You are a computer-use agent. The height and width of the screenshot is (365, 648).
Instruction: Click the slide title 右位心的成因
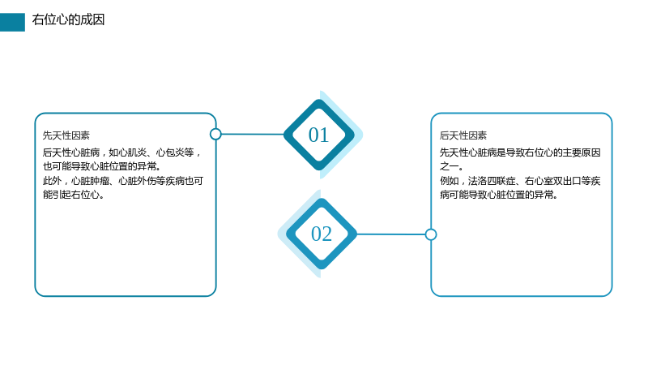click(68, 19)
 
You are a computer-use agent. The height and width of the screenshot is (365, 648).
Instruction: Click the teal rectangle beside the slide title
click(12, 23)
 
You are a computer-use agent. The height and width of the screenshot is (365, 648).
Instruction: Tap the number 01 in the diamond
click(318, 135)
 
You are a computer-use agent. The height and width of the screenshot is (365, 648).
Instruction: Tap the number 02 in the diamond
click(322, 234)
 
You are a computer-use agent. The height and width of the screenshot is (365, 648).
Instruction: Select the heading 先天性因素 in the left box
click(66, 135)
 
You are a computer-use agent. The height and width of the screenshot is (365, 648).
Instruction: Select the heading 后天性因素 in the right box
click(463, 135)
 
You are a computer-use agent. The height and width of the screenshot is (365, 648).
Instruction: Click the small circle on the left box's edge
click(215, 134)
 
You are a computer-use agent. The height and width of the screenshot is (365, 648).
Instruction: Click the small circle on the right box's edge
click(431, 234)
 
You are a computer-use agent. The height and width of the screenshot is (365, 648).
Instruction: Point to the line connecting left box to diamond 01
click(253, 134)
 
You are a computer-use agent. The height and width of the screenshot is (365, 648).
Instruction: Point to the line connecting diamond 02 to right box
click(391, 234)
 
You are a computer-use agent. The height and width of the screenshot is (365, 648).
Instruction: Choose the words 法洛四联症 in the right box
click(492, 181)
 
